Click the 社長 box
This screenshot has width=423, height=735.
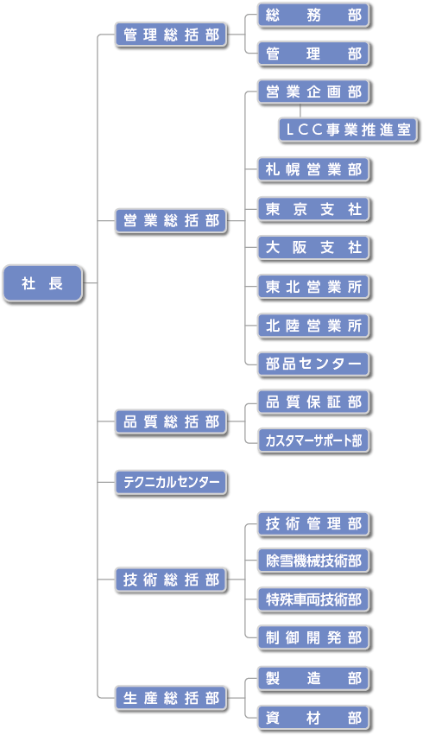(x=42, y=283)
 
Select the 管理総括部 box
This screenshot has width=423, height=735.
(x=172, y=35)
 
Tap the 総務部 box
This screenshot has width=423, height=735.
(x=314, y=16)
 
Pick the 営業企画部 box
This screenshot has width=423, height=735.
(x=314, y=92)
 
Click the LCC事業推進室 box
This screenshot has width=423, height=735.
(x=348, y=130)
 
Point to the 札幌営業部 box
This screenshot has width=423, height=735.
(x=314, y=169)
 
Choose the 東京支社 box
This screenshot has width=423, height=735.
(x=314, y=209)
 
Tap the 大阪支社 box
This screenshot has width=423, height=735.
(x=314, y=248)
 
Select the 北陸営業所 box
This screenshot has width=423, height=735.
(x=314, y=326)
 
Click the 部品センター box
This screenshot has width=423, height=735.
(x=314, y=364)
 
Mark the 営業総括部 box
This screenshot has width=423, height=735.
(x=172, y=221)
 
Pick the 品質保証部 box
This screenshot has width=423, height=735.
(x=314, y=402)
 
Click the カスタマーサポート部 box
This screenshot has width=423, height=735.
(x=314, y=440)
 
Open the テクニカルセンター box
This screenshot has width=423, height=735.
(x=172, y=482)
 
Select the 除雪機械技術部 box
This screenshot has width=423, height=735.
(x=314, y=561)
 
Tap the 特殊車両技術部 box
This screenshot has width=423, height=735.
(x=314, y=599)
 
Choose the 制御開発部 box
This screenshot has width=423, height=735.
(x=314, y=638)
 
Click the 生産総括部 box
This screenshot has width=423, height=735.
(x=172, y=699)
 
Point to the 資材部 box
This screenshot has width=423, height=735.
(x=314, y=718)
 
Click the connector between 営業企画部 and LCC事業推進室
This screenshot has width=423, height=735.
(x=300, y=111)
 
